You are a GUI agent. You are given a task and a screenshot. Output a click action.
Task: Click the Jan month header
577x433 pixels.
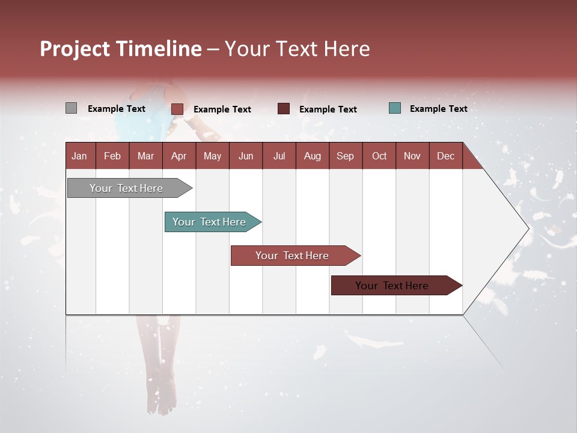pos(79,156)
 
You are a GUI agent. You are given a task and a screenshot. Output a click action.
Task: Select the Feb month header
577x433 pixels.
pos(112,156)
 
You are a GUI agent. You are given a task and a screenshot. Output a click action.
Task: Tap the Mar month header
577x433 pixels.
pos(145,156)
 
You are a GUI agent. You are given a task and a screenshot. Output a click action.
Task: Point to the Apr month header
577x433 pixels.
pos(179,156)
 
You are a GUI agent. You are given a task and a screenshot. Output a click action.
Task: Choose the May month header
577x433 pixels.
pos(212,156)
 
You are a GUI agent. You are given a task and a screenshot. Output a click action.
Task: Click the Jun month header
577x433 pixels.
pos(246,156)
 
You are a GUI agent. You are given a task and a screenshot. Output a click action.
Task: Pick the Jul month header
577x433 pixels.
pos(279,156)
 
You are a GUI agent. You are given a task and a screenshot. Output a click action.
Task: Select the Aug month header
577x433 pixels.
pos(312,156)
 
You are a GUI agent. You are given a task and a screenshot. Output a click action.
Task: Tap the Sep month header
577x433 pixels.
pos(345,156)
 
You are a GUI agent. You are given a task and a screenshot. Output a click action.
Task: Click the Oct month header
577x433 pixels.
pos(379,156)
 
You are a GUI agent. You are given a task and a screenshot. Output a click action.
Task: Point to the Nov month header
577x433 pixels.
pos(412,156)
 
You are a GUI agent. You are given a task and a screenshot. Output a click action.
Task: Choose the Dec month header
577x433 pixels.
pos(445,156)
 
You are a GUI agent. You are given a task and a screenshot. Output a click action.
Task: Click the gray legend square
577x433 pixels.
pos(71,108)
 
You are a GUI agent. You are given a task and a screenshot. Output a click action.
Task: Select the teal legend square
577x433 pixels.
pos(394,108)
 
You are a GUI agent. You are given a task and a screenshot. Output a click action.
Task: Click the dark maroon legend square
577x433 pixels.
pos(284,109)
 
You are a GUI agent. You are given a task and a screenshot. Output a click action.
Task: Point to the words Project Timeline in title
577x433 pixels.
pos(121,49)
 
